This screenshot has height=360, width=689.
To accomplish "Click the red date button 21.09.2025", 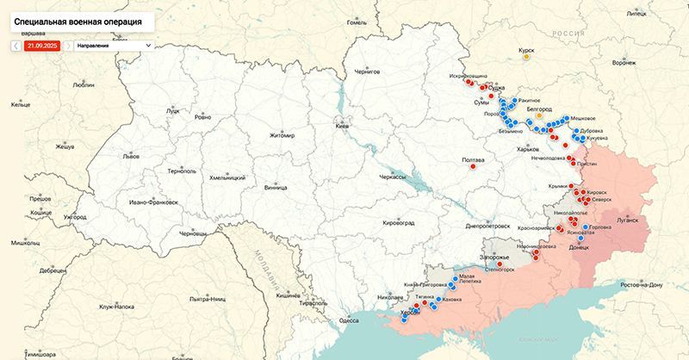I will pyautogui.click(x=41, y=45).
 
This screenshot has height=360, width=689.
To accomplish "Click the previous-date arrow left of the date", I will pyautogui.click(x=16, y=45).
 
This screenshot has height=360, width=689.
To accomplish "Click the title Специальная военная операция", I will pyautogui.click(x=78, y=17).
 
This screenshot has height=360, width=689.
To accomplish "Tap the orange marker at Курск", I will pyautogui.click(x=528, y=58).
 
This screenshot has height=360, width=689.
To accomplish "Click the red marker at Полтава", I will pyautogui.click(x=472, y=168).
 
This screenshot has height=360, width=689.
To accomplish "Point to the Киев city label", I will pyautogui.click(x=343, y=127).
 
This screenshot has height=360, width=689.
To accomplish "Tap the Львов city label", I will pyautogui.click(x=131, y=157).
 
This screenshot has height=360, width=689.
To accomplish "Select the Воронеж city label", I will pyautogui.click(x=623, y=63).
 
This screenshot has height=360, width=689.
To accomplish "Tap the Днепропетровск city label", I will pyautogui.click(x=488, y=225).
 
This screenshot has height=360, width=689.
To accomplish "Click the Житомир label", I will pyautogui.click(x=282, y=135).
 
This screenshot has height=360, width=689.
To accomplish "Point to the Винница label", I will pyautogui.click(x=276, y=186).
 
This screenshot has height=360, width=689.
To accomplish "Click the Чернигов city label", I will pyautogui.click(x=366, y=71).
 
